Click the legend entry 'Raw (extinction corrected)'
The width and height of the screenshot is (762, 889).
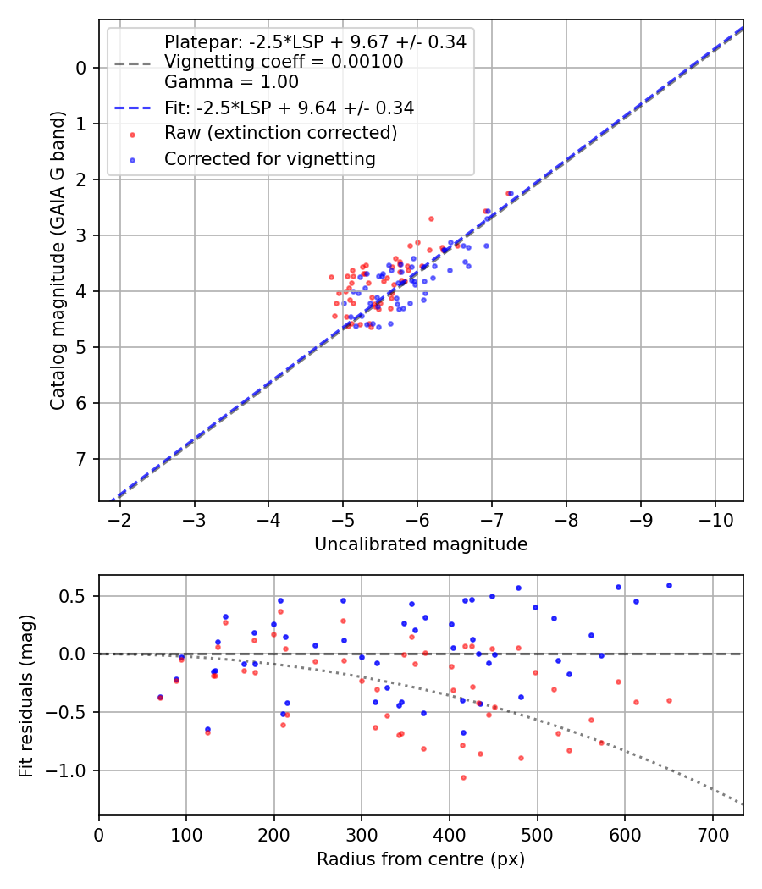tap(280, 133)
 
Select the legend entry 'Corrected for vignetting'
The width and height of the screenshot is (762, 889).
tap(269, 158)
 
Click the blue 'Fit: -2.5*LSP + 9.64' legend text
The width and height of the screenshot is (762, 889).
tap(289, 108)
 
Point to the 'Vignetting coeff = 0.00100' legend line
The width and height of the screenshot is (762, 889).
tap(283, 62)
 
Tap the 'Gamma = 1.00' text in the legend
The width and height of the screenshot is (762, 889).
tap(231, 82)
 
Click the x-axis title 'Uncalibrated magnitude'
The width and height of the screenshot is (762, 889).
tap(421, 544)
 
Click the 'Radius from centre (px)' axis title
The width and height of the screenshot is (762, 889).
tap(421, 859)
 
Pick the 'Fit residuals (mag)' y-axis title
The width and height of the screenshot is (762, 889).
tap(26, 694)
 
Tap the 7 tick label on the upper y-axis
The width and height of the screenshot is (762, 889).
tap(81, 459)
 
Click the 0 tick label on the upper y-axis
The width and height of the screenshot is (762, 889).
tap(81, 68)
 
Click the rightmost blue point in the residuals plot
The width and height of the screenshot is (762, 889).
tap(669, 585)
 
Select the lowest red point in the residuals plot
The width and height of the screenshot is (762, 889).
tap(463, 777)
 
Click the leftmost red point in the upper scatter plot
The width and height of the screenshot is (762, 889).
tap(332, 277)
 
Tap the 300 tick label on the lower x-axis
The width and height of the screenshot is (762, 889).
tap(362, 833)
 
